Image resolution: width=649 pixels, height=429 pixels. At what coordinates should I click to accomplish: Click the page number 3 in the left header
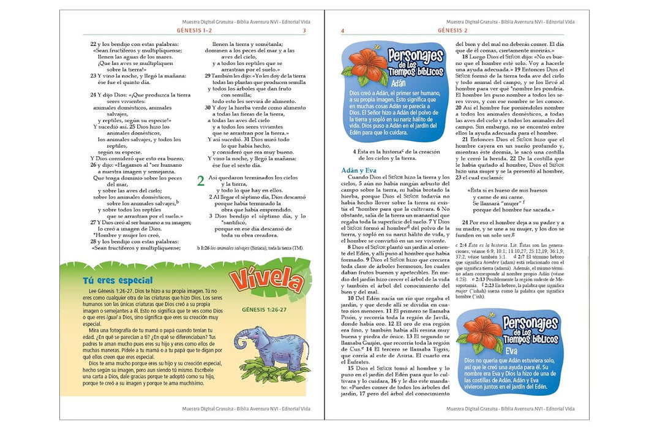pyautogui.click(x=304, y=30)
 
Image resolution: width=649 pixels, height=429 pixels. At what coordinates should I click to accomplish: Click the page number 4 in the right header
pyautogui.click(x=343, y=30)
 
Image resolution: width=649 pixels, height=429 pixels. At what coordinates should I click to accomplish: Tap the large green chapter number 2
pyautogui.click(x=200, y=181)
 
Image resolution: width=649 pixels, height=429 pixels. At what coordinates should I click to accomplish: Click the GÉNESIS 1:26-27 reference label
pyautogui.click(x=263, y=310)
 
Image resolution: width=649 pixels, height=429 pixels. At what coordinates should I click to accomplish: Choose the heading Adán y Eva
pyautogui.click(x=359, y=170)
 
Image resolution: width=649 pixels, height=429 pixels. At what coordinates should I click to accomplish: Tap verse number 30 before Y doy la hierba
pyautogui.click(x=208, y=108)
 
